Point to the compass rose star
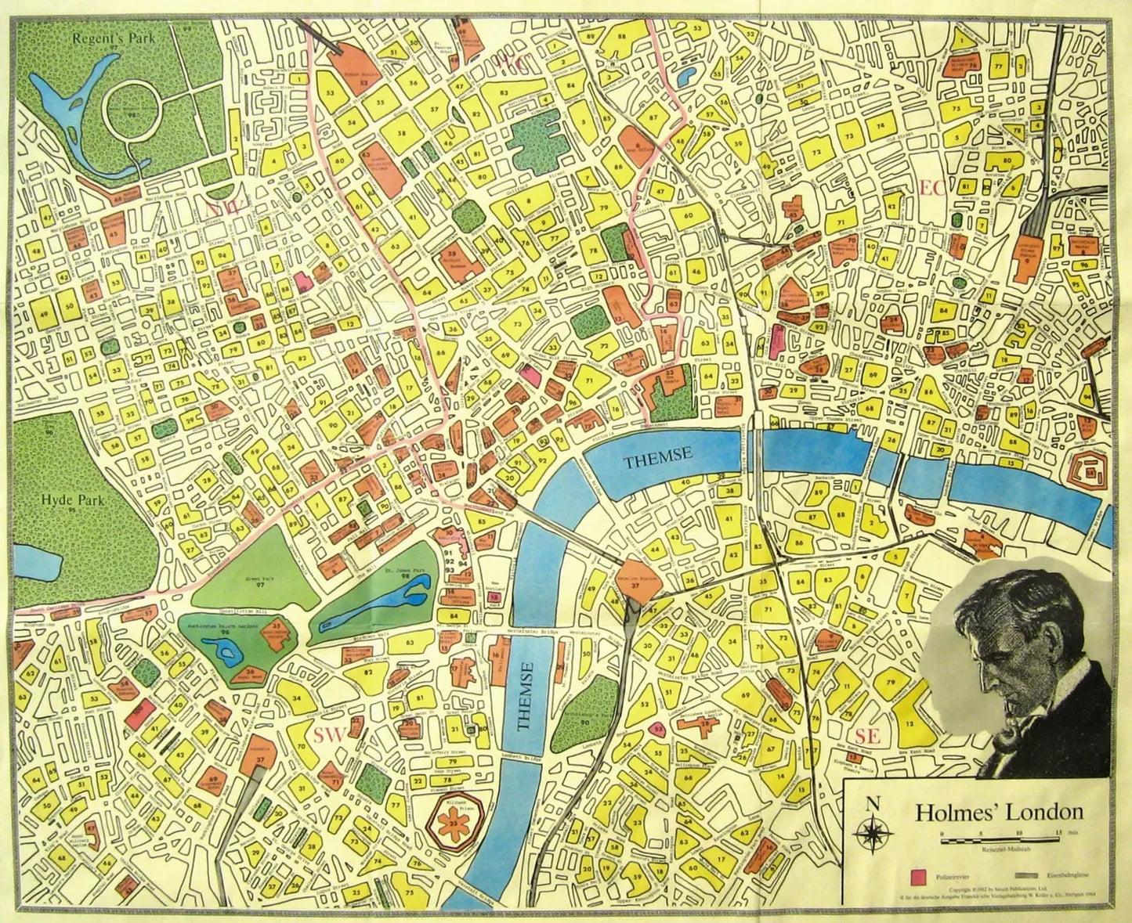[870, 832]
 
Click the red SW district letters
[329, 734]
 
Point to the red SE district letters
[868, 736]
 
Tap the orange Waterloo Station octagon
[642, 582]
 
